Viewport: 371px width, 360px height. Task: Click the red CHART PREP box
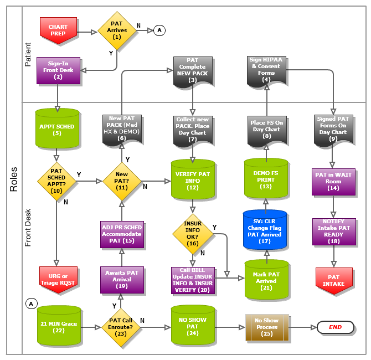(x=58, y=30)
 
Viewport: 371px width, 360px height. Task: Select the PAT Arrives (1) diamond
(x=116, y=30)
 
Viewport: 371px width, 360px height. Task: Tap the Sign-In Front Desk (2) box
(x=58, y=71)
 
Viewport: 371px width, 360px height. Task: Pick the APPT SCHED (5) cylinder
(x=56, y=128)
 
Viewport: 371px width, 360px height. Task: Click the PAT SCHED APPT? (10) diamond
(x=56, y=180)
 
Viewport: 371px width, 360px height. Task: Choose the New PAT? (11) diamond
(x=122, y=180)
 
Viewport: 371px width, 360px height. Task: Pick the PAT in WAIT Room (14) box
(x=333, y=181)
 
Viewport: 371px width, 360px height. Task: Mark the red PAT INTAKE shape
(x=333, y=280)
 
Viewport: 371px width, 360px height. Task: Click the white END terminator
(x=335, y=327)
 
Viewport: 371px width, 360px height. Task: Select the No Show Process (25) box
(x=267, y=327)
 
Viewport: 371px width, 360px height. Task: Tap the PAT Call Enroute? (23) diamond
(x=122, y=327)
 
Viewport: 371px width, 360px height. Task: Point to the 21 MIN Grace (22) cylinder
(x=58, y=327)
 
